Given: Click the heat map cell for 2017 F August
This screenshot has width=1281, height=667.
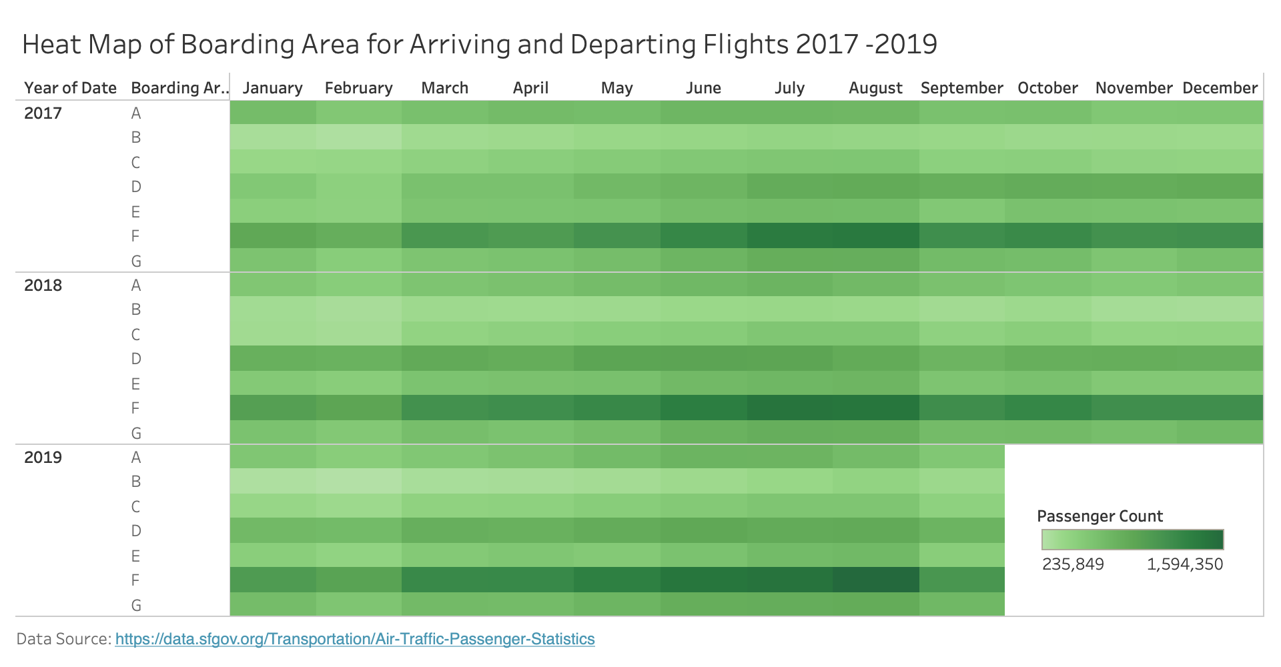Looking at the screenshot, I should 875,235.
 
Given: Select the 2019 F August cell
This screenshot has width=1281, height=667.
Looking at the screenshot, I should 875,580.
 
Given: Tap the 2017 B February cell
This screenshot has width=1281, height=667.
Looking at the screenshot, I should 358,137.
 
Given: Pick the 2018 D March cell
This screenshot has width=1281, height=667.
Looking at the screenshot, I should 445,358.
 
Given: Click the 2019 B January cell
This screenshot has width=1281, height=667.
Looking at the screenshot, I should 273,481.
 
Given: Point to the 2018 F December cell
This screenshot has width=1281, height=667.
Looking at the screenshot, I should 1220,408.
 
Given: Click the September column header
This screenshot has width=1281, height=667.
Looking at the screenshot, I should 961,88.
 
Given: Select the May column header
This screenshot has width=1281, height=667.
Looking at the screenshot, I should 616,88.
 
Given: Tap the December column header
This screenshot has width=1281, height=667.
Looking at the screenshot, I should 1220,88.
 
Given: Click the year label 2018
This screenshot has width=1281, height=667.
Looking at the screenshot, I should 43,285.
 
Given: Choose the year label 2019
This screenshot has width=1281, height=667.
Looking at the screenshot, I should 43,458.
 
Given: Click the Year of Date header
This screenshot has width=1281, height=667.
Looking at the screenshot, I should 70,88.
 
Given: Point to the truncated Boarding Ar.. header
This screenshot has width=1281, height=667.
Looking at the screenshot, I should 179,88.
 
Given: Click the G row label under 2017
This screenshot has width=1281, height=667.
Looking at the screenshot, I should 136,261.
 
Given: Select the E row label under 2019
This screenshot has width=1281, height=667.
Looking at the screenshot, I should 135,556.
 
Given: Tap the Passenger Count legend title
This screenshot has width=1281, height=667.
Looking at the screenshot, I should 1100,516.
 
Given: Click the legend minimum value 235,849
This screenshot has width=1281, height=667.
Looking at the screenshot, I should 1073,564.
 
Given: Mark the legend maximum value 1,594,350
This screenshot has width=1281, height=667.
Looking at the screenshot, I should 1185,564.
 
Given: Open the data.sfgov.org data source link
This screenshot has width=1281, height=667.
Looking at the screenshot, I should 355,639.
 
